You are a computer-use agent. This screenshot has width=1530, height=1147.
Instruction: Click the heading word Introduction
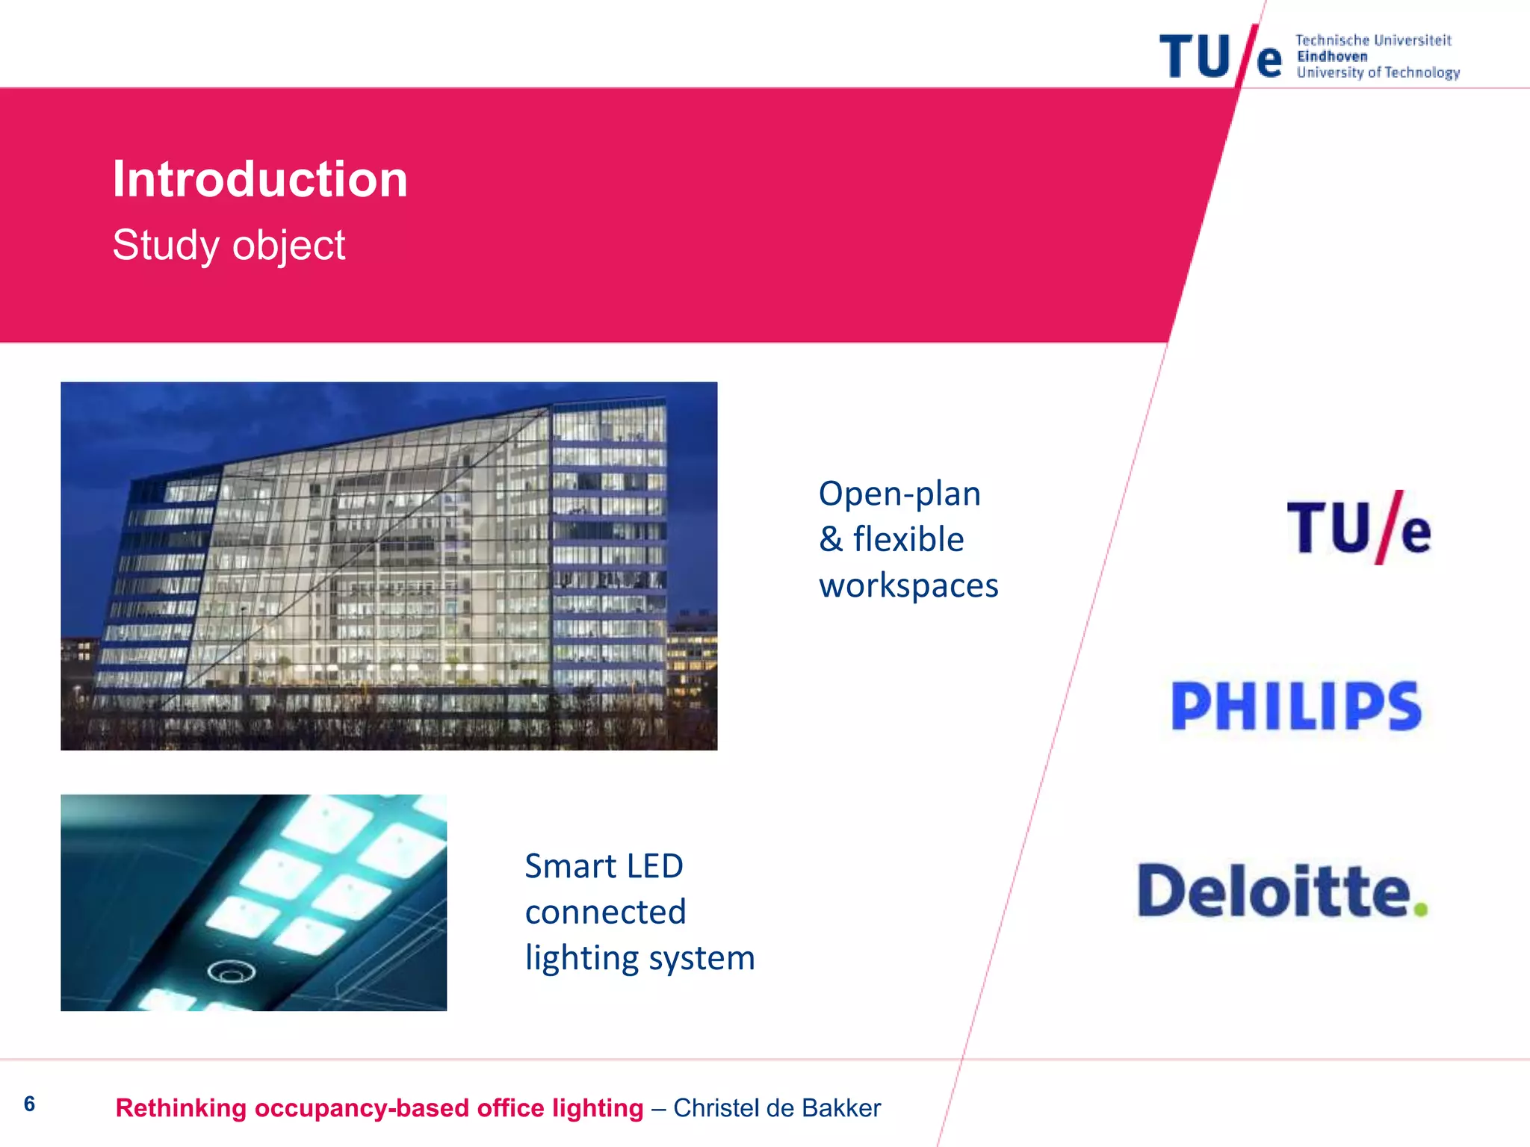pos(260,179)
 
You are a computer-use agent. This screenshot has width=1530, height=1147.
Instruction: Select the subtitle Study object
pos(229,245)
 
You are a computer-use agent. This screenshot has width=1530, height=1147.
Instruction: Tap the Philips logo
pos(1296,706)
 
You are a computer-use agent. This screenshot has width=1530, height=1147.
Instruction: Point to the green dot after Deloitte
pos(1421,909)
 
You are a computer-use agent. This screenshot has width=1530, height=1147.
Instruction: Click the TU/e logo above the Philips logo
pos(1358,527)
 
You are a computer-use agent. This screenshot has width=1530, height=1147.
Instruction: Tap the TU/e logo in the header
pos(1221,56)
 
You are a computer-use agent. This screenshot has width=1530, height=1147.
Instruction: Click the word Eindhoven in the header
pos(1332,57)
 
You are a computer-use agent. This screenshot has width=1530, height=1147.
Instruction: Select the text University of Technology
pos(1378,72)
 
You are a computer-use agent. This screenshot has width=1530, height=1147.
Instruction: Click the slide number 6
pos(29,1104)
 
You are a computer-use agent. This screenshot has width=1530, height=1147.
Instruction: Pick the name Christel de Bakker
pos(777,1108)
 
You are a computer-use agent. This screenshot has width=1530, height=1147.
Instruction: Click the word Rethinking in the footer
pos(181,1108)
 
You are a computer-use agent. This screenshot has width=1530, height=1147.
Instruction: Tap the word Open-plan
pos(899,494)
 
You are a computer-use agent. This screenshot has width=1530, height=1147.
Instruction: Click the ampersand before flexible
pos(830,539)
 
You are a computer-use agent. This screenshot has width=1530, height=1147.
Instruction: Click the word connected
pos(605,912)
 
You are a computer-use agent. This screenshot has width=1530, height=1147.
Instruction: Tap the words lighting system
pos(639,958)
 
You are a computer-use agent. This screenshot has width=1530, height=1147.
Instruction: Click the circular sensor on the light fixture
pos(231,972)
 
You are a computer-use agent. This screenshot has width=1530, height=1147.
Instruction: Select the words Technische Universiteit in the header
pos(1373,40)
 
